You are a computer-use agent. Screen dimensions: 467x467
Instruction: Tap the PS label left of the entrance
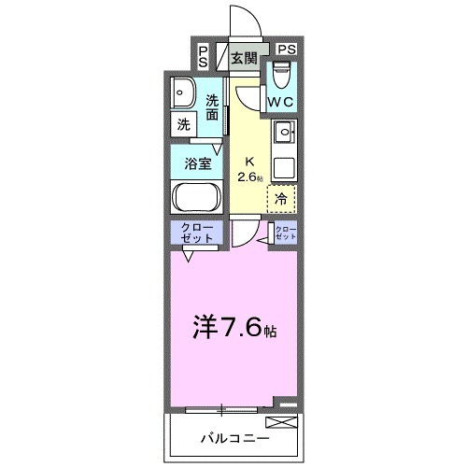pos(204,55)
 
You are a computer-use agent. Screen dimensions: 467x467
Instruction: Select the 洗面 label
pos(213,108)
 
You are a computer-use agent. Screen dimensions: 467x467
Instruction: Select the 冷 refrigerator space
pos(281,197)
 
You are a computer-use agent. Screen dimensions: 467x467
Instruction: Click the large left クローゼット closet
pos(194,233)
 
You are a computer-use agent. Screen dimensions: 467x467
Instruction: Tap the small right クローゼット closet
pos(285,234)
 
